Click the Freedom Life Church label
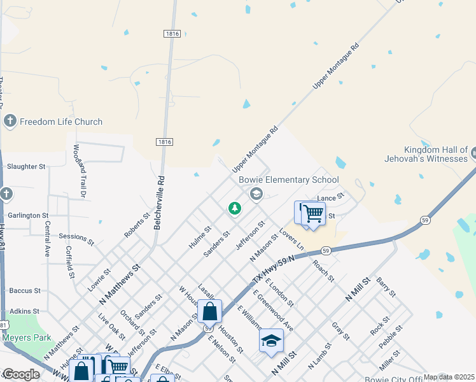(60, 122)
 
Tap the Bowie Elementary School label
(288, 180)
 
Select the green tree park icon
(235, 208)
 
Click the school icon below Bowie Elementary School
(256, 194)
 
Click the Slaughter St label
(26, 167)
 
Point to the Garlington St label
(28, 216)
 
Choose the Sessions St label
(76, 240)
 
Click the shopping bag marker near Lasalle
(209, 311)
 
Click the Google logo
(20, 374)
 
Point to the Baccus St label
(25, 290)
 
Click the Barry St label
(386, 288)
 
